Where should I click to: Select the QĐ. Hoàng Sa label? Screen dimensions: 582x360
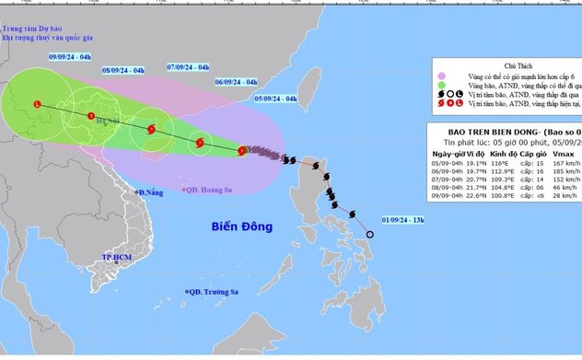click(x=206, y=187)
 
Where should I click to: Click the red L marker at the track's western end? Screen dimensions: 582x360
click(x=37, y=104)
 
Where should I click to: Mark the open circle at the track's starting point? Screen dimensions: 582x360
click(x=370, y=235)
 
